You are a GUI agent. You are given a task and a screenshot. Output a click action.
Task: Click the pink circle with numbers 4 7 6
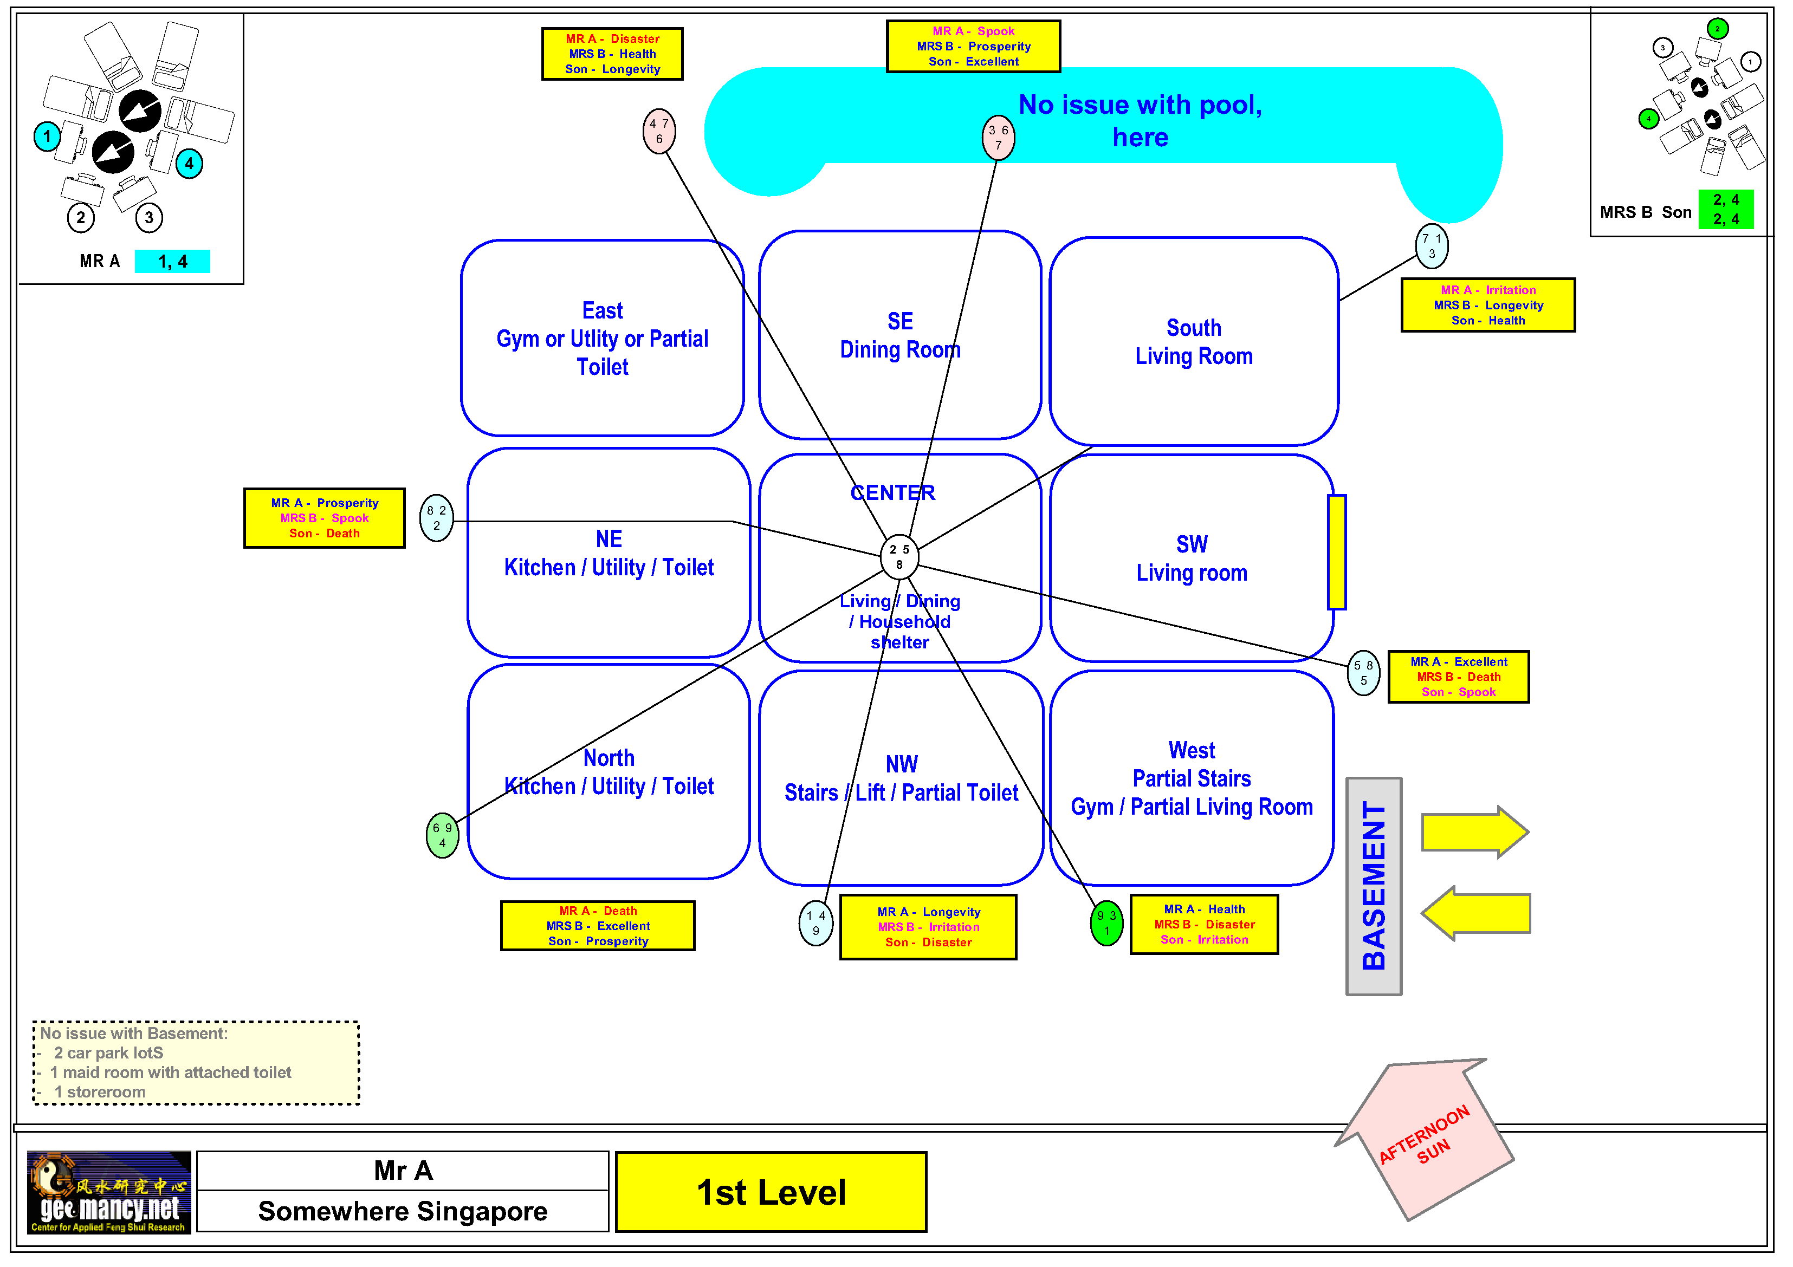click(x=659, y=131)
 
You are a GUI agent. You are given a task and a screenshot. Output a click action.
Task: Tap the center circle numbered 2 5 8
click(x=899, y=557)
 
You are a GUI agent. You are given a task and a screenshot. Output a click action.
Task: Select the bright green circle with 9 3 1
click(x=1106, y=922)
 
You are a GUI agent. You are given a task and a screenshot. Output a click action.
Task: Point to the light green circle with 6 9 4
click(x=442, y=835)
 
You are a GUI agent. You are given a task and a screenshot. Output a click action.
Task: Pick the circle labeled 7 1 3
click(x=1432, y=246)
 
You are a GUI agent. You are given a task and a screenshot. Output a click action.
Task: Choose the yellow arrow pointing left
click(x=1475, y=913)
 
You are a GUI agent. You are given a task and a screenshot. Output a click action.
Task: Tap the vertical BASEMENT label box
click(x=1374, y=886)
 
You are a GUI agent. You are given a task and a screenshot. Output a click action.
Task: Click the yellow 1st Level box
click(x=771, y=1192)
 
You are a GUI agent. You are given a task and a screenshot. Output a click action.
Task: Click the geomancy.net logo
click(x=108, y=1192)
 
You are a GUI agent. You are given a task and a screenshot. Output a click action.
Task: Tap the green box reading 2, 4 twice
click(x=1725, y=209)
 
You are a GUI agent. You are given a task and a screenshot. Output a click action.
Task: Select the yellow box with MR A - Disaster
click(x=612, y=54)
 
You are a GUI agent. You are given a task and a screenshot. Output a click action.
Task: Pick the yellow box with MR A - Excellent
click(x=1458, y=677)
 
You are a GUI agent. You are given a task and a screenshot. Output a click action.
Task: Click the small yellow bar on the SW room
click(x=1337, y=552)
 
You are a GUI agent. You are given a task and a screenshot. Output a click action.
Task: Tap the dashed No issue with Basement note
click(x=196, y=1062)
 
